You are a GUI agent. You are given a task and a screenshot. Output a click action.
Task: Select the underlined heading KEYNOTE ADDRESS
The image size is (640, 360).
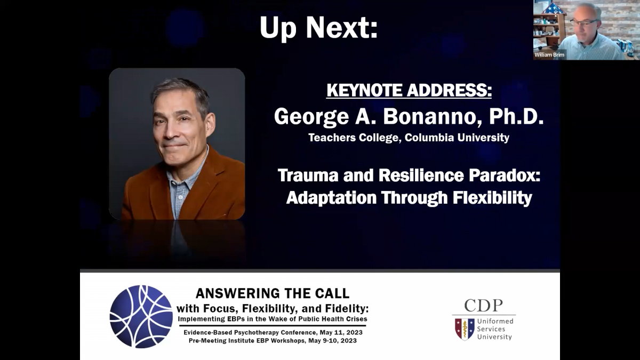click(x=409, y=90)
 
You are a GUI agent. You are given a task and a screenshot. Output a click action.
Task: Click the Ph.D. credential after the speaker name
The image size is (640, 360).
click(x=516, y=117)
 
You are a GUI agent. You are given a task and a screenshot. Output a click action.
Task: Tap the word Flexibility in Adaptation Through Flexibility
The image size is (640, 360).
click(x=492, y=198)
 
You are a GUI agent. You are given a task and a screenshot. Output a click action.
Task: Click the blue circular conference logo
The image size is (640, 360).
click(x=141, y=317)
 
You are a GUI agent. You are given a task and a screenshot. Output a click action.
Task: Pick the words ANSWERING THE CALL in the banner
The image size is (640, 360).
click(x=273, y=293)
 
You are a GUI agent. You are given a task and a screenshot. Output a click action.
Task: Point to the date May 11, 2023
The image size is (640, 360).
click(x=341, y=333)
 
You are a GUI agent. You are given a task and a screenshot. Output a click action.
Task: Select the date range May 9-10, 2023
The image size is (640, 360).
click(x=333, y=341)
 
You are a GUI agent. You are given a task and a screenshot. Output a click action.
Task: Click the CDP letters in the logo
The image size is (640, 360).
click(x=483, y=306)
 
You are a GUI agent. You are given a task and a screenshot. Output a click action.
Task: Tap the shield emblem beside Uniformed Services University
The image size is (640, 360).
click(x=465, y=329)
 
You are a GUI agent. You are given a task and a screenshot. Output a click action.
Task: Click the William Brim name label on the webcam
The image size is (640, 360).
click(x=549, y=54)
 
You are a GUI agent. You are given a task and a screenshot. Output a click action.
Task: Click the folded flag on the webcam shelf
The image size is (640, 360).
click(x=550, y=9)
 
